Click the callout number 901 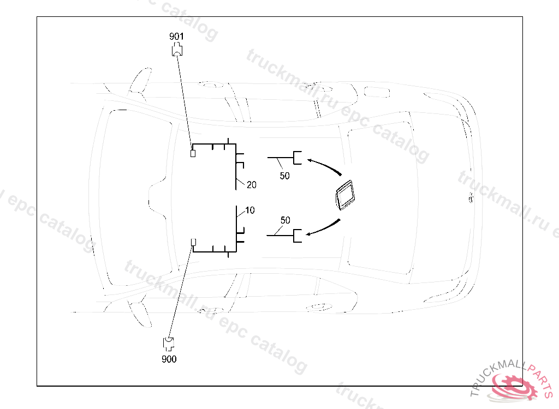point(176,36)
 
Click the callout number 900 point(169,359)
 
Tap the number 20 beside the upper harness point(251,185)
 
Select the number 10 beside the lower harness point(249,210)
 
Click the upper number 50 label point(284,176)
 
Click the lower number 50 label point(285,220)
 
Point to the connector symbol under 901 point(177,50)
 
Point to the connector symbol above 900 point(169,344)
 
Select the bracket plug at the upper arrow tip point(298,157)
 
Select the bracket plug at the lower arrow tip point(298,236)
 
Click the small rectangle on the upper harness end point(192,153)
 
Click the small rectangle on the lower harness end point(192,242)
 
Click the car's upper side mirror point(140,80)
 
